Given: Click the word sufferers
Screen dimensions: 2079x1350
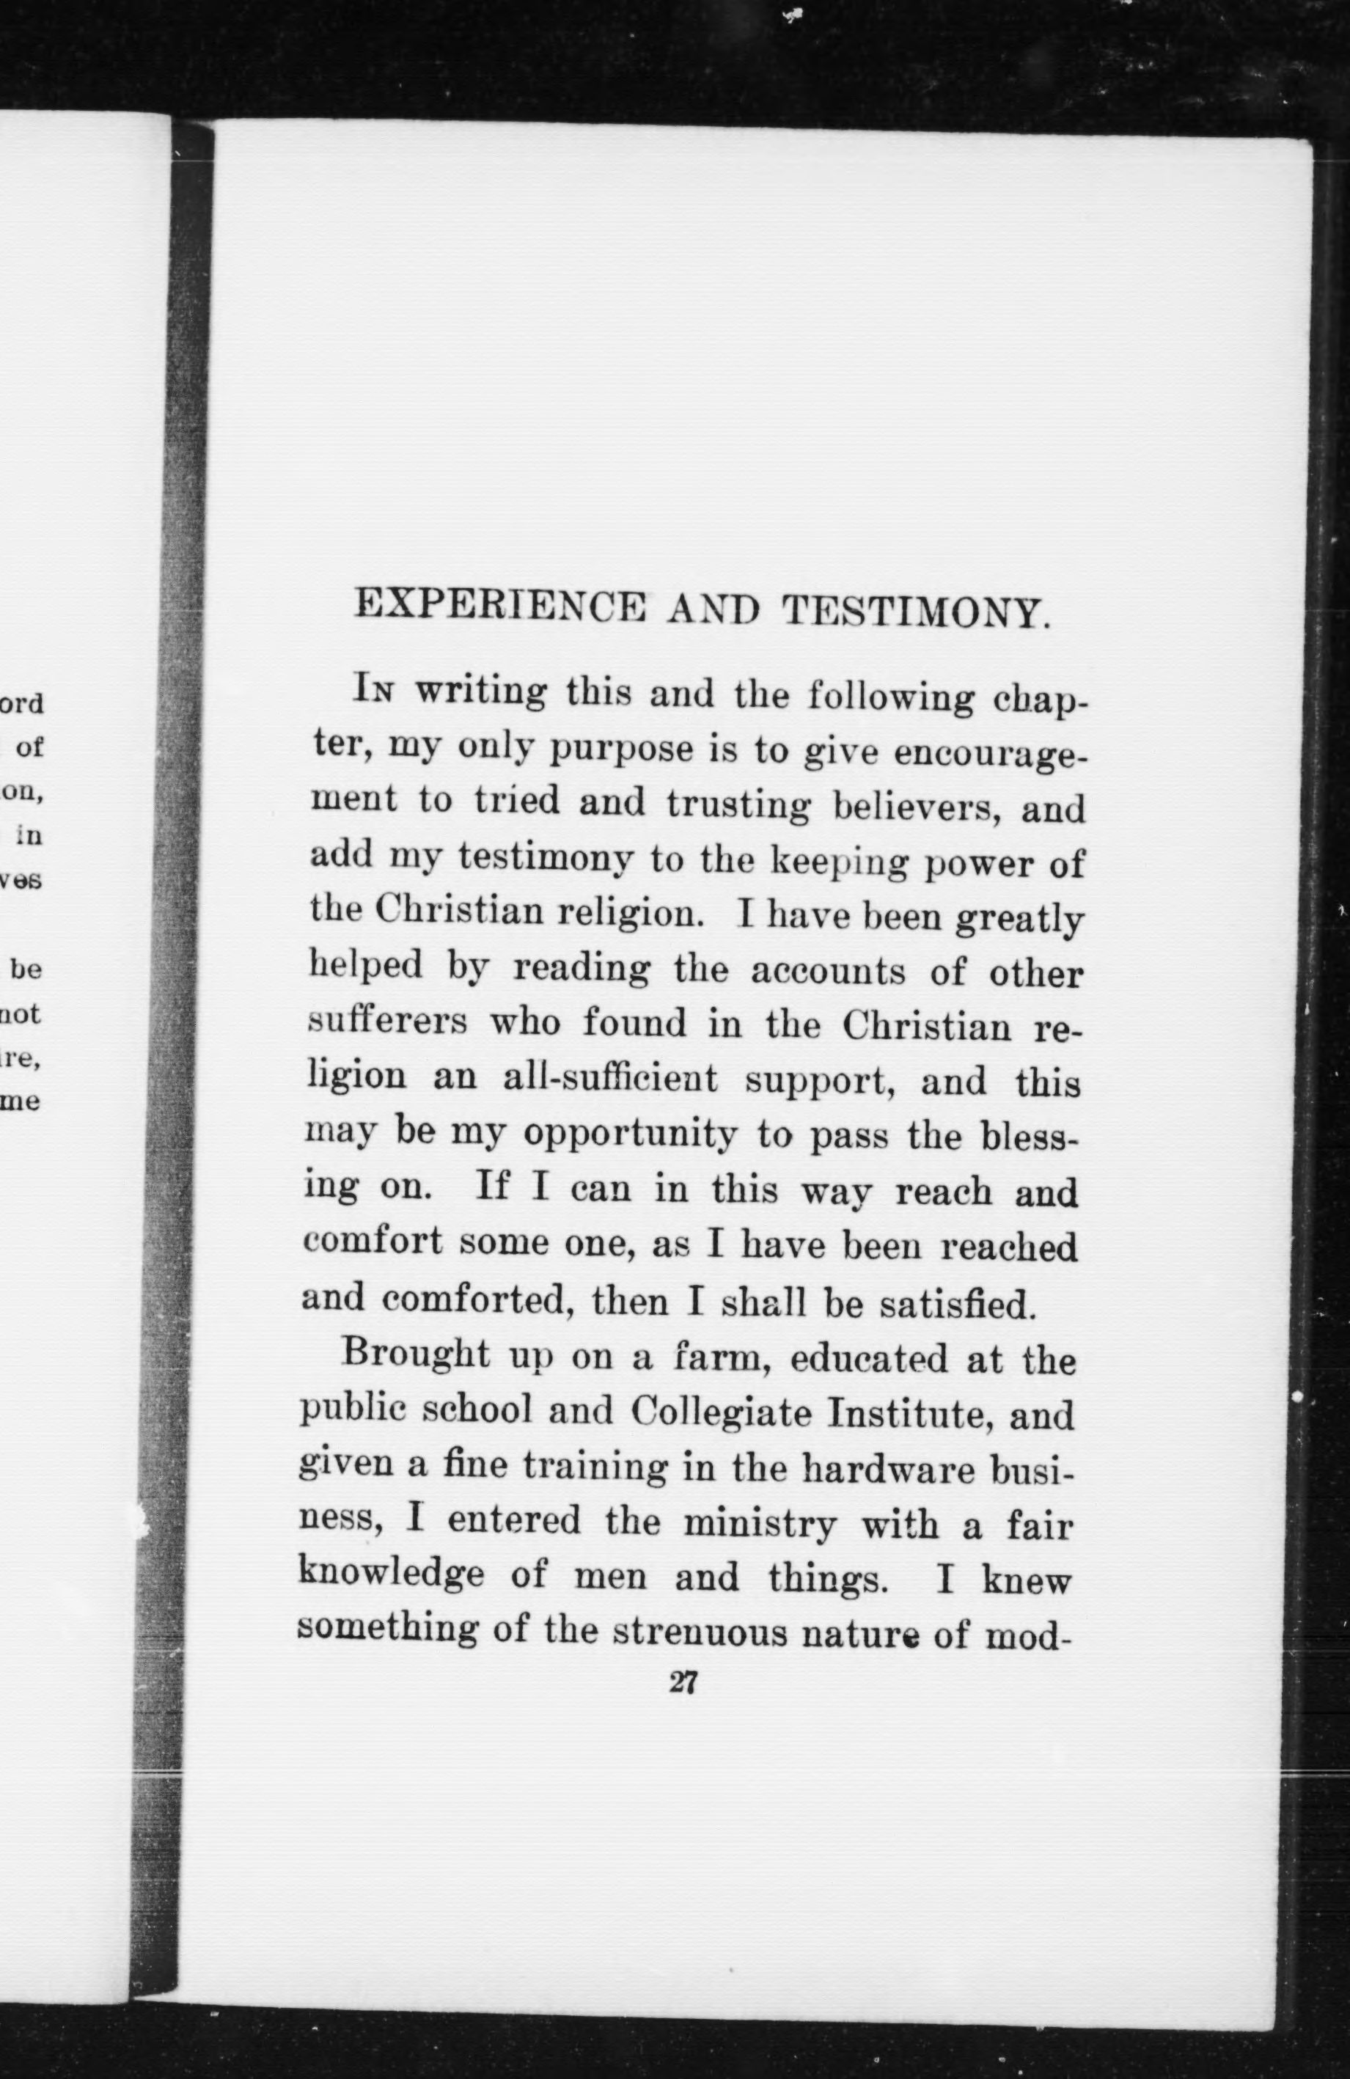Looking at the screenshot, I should [x=388, y=1020].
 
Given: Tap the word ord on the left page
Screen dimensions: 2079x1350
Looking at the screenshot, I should [x=22, y=704].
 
